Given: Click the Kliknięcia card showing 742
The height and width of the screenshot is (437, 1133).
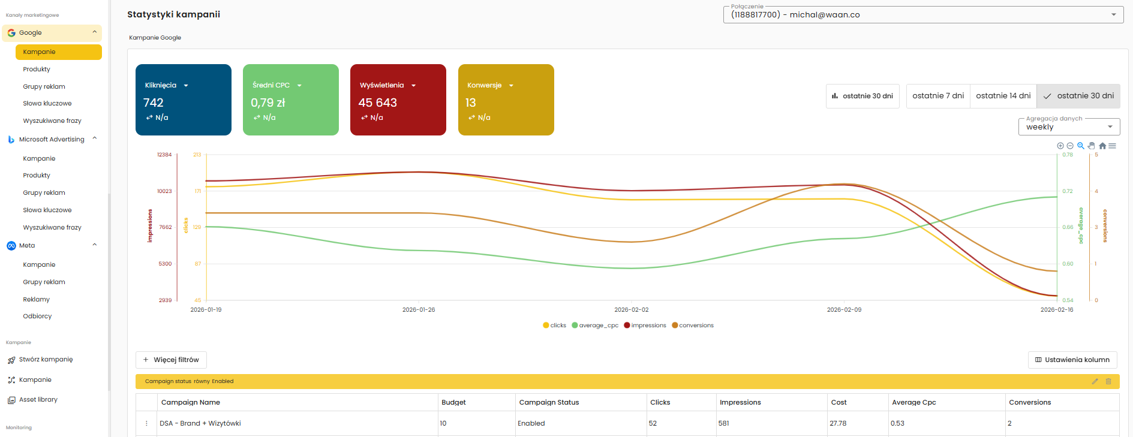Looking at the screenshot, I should [x=183, y=100].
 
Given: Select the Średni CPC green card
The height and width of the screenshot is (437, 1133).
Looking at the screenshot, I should [x=290, y=100].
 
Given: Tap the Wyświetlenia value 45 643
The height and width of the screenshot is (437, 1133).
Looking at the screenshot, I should [x=378, y=103].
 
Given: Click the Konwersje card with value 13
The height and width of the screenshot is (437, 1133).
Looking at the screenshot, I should [x=506, y=100].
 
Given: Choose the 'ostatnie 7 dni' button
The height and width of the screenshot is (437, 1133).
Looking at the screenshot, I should [x=938, y=96].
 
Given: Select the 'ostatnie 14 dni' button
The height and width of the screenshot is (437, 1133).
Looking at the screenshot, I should [x=1003, y=96].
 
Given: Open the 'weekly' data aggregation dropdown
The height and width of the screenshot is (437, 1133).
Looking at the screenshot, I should [x=1069, y=126].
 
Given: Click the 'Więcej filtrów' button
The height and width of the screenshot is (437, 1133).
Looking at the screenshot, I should [x=171, y=360].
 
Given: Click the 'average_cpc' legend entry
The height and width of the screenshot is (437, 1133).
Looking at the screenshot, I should [x=598, y=326].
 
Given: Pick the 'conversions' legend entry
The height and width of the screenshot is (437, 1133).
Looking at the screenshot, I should [x=696, y=326].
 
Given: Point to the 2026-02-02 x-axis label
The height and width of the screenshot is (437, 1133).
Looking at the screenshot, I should [x=631, y=310].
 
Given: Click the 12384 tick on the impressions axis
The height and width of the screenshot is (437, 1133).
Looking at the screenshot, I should [x=164, y=155].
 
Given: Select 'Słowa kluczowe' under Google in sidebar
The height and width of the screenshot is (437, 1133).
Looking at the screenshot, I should [x=47, y=104].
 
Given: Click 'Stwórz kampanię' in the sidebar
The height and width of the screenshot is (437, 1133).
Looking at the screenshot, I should [x=46, y=360].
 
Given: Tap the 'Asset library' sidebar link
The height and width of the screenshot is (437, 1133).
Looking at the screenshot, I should [x=38, y=400].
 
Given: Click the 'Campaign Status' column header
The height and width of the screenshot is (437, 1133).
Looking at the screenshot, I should [x=549, y=402].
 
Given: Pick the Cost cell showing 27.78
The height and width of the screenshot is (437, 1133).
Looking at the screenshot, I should [x=838, y=423].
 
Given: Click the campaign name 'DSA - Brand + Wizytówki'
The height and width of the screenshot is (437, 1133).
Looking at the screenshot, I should [x=200, y=423].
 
